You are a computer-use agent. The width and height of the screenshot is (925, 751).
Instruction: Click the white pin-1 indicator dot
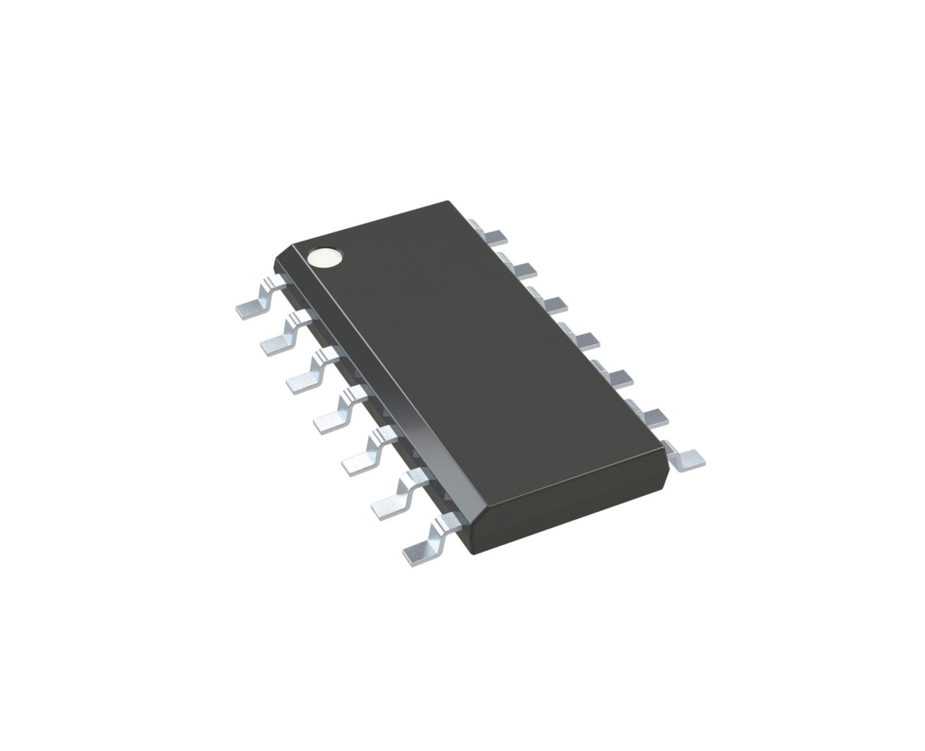(x=325, y=258)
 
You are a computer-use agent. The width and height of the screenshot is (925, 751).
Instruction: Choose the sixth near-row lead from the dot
(x=393, y=497)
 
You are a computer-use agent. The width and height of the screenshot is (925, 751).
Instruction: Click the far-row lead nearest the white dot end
(x=489, y=232)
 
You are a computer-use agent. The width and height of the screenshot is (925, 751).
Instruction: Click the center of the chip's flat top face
(x=474, y=362)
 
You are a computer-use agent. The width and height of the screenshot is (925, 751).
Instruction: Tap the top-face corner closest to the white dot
(x=294, y=247)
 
